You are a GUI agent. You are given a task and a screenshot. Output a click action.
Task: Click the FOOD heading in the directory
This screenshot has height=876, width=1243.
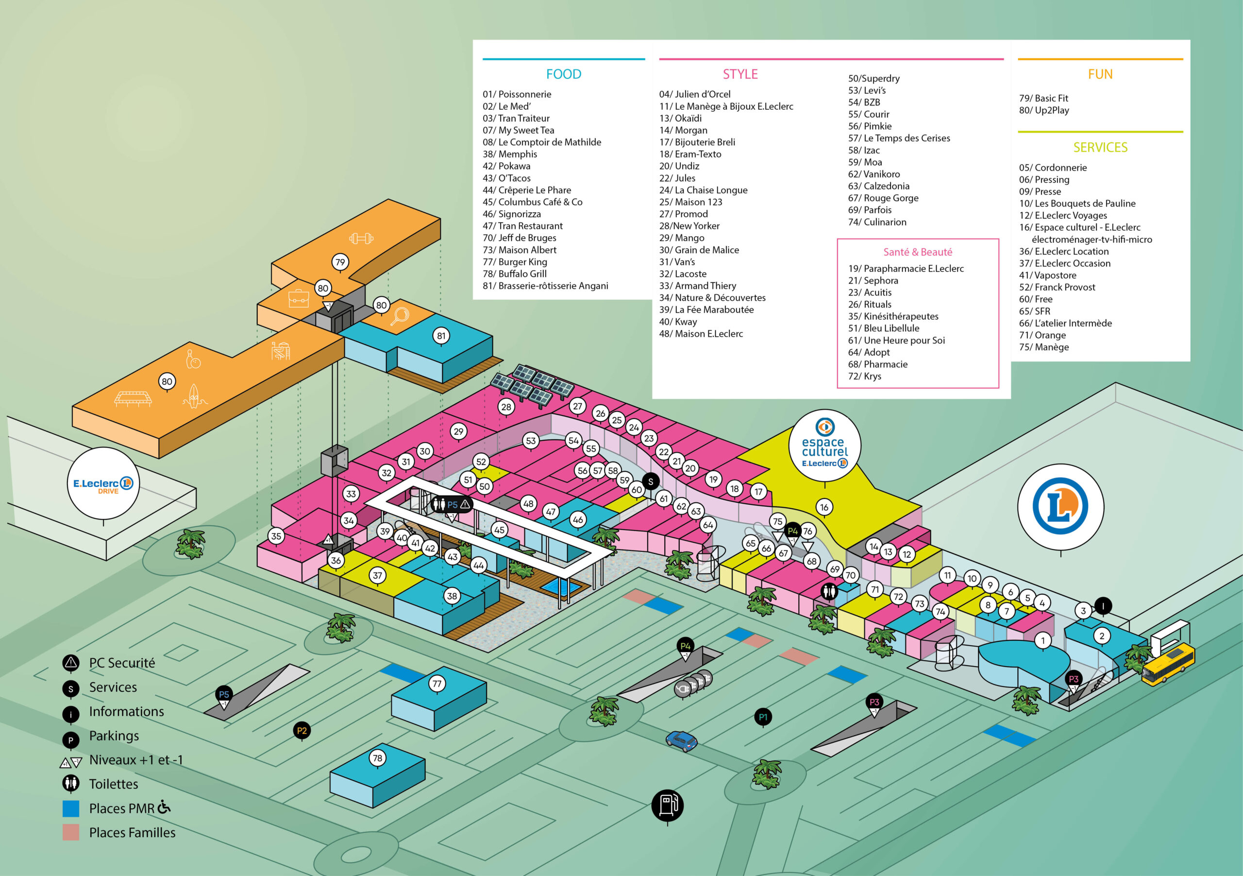564,74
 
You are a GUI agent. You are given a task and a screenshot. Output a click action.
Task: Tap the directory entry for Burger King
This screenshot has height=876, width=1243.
515,262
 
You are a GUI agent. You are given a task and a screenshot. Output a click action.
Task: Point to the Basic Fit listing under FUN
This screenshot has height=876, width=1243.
1043,99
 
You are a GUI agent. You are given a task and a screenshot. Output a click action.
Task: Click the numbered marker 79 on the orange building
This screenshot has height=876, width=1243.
340,262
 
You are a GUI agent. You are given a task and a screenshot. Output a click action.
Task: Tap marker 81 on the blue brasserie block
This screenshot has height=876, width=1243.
441,336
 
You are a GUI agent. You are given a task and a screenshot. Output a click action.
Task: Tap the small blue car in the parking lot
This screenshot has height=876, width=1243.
682,740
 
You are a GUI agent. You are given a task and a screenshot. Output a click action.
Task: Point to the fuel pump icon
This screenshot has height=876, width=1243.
668,805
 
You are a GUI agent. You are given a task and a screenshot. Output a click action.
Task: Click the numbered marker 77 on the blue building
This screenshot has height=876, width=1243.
437,684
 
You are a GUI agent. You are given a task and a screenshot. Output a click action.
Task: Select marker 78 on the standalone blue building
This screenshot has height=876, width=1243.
377,758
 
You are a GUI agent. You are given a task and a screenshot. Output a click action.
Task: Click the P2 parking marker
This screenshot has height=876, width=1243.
302,731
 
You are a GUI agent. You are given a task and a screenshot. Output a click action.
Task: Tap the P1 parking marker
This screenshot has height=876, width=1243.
763,717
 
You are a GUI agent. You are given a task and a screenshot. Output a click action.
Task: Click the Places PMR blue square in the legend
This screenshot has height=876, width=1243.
71,809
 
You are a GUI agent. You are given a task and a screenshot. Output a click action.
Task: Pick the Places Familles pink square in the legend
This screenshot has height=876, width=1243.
71,833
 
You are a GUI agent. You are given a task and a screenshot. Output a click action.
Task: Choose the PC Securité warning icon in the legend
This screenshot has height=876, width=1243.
71,663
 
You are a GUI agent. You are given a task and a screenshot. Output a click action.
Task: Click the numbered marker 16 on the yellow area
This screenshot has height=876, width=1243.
824,507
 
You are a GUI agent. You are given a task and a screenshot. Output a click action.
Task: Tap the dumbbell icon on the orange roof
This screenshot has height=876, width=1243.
361,239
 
